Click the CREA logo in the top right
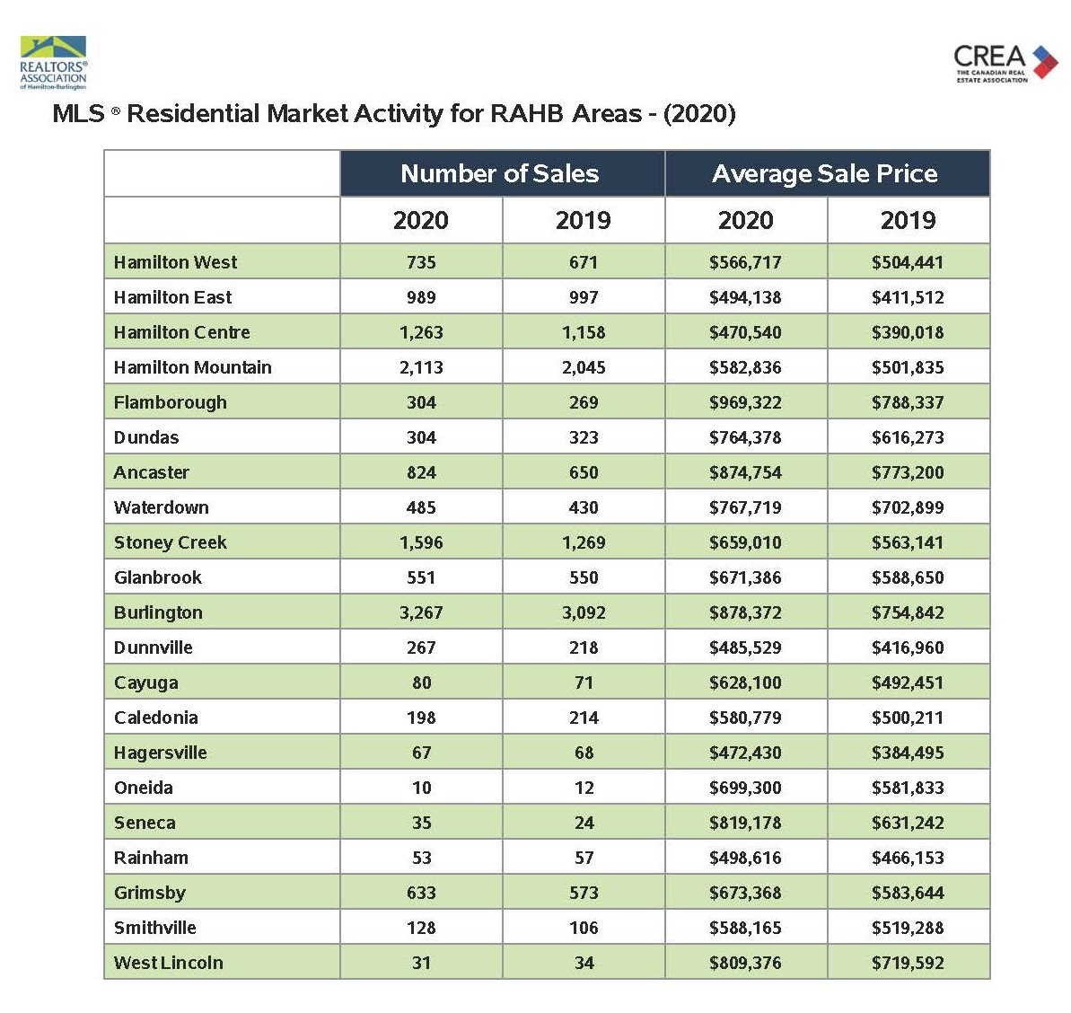pos(1005,63)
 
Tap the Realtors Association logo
pos(53,63)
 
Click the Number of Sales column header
pos(499,173)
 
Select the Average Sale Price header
pos(824,173)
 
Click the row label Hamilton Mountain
pos(193,367)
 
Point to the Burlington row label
pos(159,612)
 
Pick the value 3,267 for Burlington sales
pos(421,612)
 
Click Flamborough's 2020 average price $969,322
pos(745,402)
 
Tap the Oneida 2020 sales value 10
pos(421,788)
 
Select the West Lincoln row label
pos(169,963)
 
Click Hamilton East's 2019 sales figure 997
pos(584,297)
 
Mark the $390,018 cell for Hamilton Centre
pos(908,332)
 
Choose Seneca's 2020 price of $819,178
pos(745,823)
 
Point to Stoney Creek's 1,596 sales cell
pos(421,542)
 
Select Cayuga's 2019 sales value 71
pos(584,683)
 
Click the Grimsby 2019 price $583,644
pos(908,893)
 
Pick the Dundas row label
pos(146,437)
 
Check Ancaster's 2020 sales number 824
pos(421,472)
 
